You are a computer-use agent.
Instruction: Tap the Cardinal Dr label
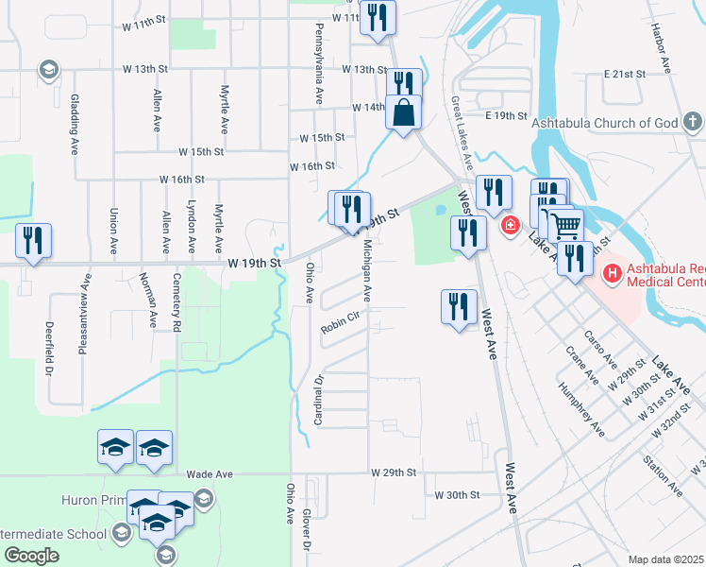319,400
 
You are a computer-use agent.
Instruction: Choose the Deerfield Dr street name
48,349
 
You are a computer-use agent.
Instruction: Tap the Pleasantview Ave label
85,300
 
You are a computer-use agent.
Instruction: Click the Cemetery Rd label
176,302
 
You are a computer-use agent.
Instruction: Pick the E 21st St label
624,74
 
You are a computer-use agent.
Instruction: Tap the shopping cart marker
565,224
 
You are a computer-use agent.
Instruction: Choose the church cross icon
693,122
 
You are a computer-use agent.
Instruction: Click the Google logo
31,555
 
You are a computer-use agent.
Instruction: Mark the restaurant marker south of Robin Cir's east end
457,306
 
